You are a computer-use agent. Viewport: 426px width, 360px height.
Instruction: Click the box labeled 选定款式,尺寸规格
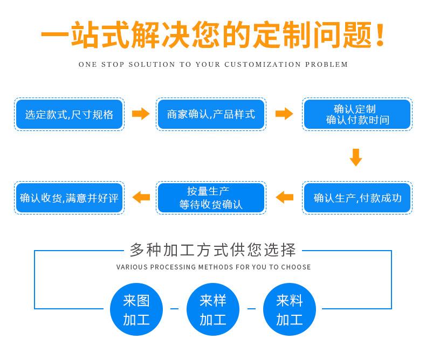click(x=69, y=114)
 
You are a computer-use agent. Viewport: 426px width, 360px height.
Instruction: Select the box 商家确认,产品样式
click(x=211, y=114)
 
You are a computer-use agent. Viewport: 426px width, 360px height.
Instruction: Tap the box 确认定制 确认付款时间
click(x=358, y=114)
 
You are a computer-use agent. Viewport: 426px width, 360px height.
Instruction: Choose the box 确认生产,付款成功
click(x=358, y=198)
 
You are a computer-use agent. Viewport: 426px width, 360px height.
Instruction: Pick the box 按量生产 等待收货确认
click(x=211, y=198)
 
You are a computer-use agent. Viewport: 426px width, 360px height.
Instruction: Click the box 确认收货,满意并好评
click(x=69, y=198)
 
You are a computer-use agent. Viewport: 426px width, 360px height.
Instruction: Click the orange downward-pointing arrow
click(x=356, y=157)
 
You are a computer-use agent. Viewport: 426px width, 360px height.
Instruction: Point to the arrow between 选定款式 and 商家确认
click(x=141, y=114)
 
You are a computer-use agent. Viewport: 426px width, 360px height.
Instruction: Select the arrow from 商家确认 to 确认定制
click(x=284, y=114)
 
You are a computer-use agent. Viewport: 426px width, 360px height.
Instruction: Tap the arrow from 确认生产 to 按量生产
click(x=285, y=197)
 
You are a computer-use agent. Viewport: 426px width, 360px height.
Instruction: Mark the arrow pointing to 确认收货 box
click(x=141, y=197)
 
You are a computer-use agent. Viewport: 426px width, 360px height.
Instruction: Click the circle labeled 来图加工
click(x=136, y=309)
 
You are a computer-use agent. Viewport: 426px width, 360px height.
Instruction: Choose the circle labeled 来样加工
click(x=213, y=309)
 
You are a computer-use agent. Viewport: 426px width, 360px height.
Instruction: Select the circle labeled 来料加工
click(x=290, y=309)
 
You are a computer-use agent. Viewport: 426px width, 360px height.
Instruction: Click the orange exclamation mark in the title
click(x=380, y=34)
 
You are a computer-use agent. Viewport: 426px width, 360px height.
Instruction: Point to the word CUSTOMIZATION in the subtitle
click(x=263, y=65)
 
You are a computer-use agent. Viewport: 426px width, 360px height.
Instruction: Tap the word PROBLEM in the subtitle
click(x=326, y=65)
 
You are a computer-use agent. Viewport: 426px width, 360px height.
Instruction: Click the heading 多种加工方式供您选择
click(x=213, y=250)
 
